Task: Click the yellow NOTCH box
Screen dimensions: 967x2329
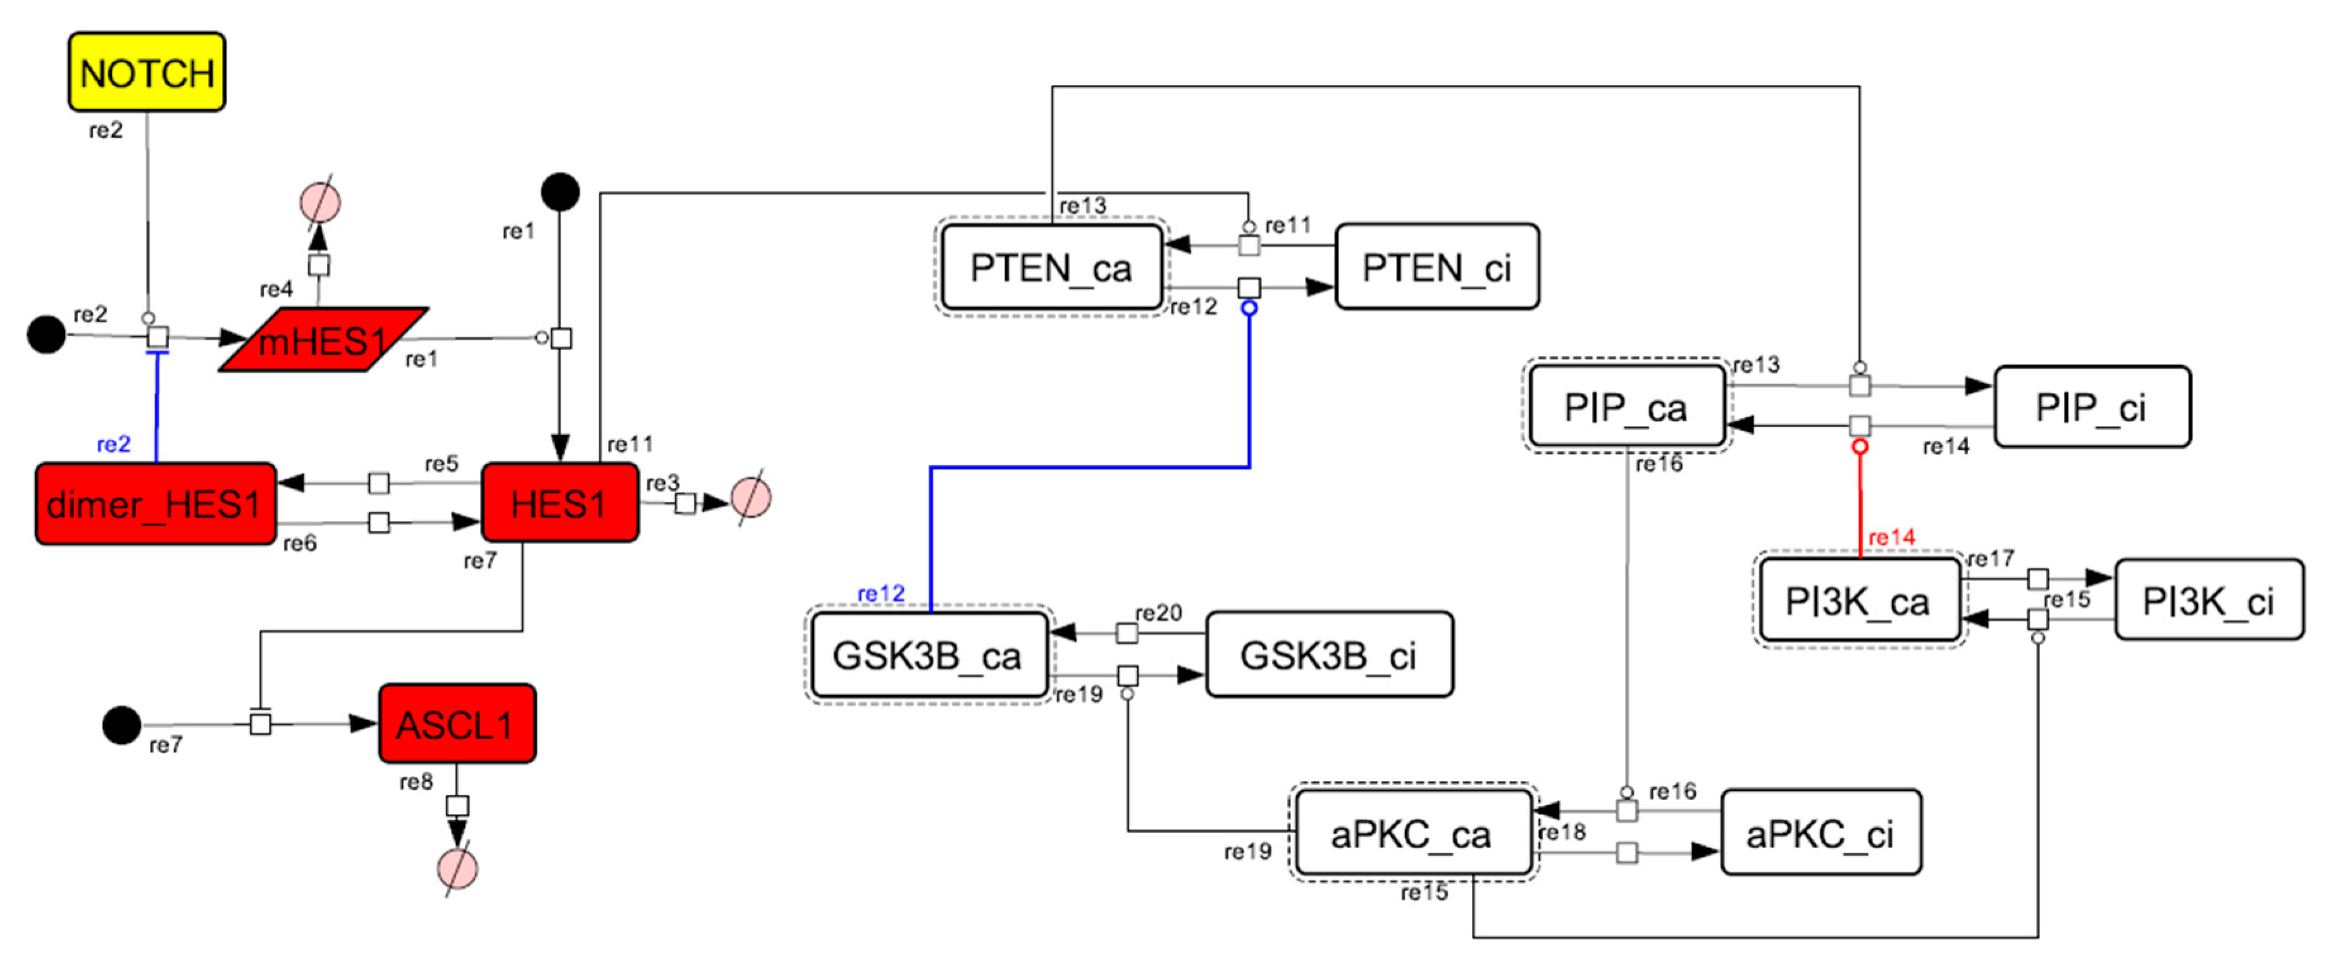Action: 147,72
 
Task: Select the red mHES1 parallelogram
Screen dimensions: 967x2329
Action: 323,340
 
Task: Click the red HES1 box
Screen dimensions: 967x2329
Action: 560,503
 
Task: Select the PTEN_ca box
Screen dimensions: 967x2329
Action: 1051,268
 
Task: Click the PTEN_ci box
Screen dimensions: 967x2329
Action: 1436,268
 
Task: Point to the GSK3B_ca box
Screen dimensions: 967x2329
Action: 928,655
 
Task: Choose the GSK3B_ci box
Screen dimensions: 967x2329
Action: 1328,655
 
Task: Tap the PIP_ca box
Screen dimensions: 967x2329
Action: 1626,407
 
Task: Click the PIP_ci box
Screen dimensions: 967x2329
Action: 2091,407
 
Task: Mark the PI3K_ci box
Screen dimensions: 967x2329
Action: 2207,601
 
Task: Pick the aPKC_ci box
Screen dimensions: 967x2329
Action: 1819,833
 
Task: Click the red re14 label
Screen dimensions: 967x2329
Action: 1891,537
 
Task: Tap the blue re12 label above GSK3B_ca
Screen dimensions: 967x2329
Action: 880,594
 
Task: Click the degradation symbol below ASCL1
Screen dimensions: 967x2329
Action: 457,868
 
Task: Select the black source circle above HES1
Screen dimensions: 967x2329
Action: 560,192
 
